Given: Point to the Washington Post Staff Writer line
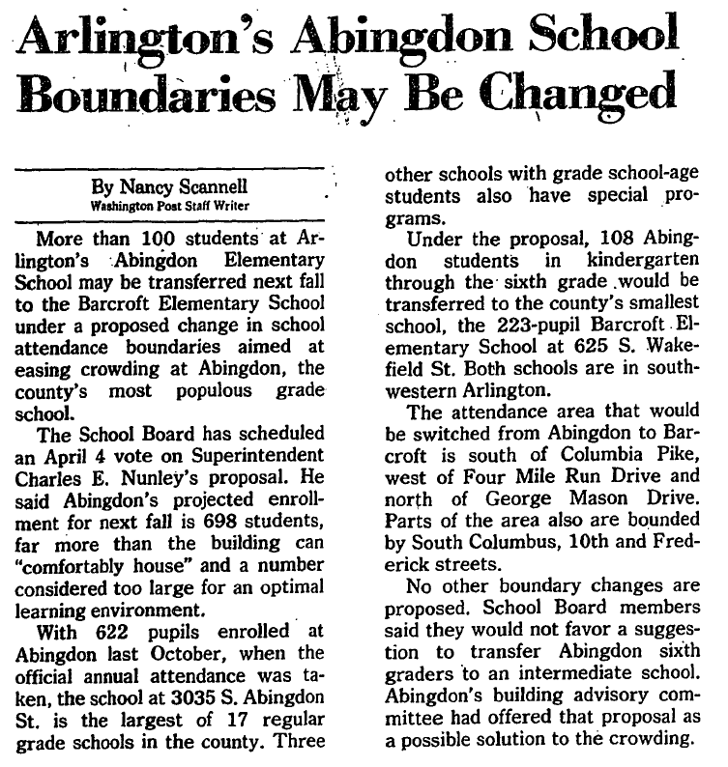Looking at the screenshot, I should coord(170,206).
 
